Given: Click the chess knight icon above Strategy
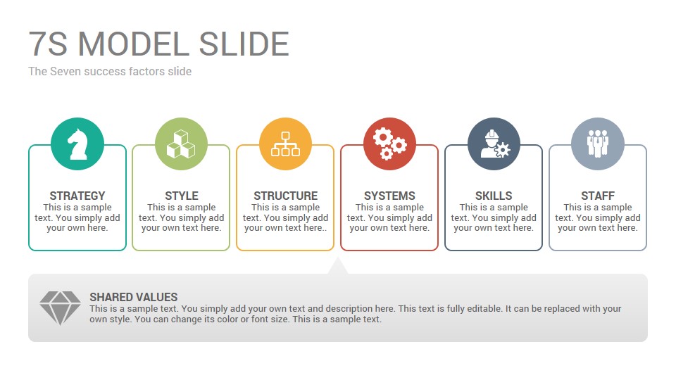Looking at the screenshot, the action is [77, 144].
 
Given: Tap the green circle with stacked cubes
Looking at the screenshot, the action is [181, 144].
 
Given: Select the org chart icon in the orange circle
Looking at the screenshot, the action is [285, 144].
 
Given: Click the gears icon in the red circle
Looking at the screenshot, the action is [389, 144].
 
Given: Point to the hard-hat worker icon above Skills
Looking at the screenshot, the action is [494, 144].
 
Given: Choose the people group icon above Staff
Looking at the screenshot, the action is [598, 144].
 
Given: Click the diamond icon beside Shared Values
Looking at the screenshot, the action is [60, 308].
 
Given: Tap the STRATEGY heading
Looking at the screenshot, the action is [77, 196].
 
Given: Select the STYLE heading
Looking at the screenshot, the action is [182, 196].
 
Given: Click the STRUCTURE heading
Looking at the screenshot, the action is [285, 196].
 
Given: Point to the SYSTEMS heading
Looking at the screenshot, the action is [389, 196].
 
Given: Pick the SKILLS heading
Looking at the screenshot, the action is [494, 196].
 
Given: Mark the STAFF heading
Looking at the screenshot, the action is [598, 196].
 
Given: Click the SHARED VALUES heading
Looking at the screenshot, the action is [134, 297].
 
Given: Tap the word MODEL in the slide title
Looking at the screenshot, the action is [134, 44].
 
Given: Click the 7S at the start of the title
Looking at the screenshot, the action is [49, 44].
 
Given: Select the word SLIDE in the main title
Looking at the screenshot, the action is [244, 44].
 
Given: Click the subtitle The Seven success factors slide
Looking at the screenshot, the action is [110, 71].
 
